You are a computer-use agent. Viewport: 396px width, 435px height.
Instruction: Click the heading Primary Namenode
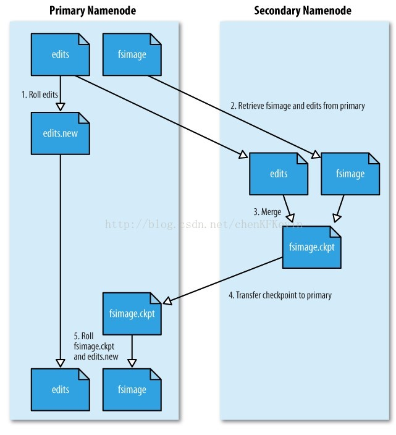pos(93,11)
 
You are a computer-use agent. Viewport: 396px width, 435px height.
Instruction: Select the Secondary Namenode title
pos(303,11)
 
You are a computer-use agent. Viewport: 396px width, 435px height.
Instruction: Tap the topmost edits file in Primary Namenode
pos(61,55)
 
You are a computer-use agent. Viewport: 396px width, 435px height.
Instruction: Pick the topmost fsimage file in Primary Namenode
pos(132,55)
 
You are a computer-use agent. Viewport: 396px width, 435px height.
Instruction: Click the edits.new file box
pos(61,133)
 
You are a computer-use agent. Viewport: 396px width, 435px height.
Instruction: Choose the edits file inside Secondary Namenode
pos(279,174)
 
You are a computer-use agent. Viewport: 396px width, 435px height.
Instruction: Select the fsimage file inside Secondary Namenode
pos(350,174)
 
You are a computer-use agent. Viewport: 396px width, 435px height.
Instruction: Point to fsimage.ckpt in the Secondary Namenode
pos(312,247)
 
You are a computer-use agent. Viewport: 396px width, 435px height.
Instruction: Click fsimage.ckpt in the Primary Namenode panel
pos(132,313)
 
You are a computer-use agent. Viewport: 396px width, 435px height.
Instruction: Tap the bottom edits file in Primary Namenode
pos(61,389)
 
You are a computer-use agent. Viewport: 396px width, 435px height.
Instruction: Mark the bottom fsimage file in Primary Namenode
pos(132,389)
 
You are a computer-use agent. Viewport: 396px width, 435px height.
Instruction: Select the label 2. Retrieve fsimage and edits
pos(297,106)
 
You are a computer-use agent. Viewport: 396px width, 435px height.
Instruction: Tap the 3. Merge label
pos(267,212)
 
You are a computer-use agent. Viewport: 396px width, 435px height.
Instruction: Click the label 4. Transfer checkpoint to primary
pos(280,295)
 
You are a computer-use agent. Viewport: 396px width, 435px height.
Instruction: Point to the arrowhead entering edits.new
pos(61,106)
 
